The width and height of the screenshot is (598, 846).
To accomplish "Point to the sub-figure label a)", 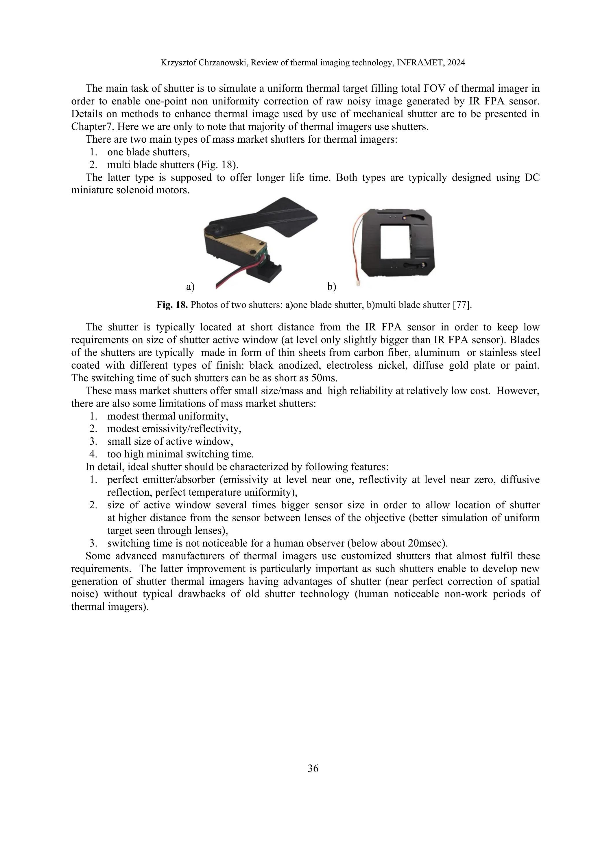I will click(190, 287).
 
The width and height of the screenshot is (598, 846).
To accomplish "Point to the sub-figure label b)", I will click(331, 287).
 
